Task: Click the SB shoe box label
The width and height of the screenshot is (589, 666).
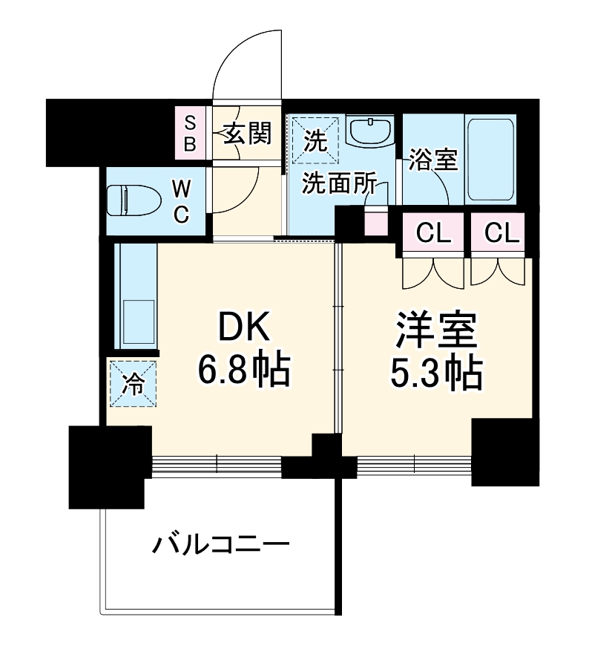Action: tap(190, 133)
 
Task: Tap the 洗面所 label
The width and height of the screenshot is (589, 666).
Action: tap(338, 184)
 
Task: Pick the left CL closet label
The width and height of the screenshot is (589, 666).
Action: tap(434, 234)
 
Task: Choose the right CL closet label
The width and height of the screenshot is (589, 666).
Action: tap(502, 234)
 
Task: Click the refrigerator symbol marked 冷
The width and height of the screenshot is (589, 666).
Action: tap(134, 384)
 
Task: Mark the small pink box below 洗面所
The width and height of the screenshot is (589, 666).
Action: tap(376, 222)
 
